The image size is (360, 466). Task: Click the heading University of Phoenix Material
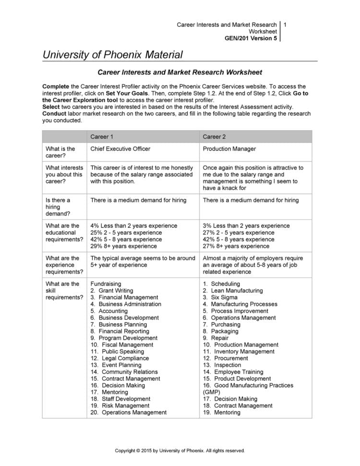113,55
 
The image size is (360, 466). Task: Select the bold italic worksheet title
180,73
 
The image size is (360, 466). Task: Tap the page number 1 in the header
285,25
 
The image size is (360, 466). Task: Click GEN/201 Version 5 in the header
251,38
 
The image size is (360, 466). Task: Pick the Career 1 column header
102,136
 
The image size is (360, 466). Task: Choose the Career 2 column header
214,136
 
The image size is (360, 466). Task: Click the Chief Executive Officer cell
120,149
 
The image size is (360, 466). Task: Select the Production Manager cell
229,149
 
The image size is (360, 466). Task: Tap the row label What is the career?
60,152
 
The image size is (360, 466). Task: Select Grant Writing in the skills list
116,291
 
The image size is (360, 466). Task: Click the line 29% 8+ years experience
123,246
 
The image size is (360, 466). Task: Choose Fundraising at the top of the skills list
106,284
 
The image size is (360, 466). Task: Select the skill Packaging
224,331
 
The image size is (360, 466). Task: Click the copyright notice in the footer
180,451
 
